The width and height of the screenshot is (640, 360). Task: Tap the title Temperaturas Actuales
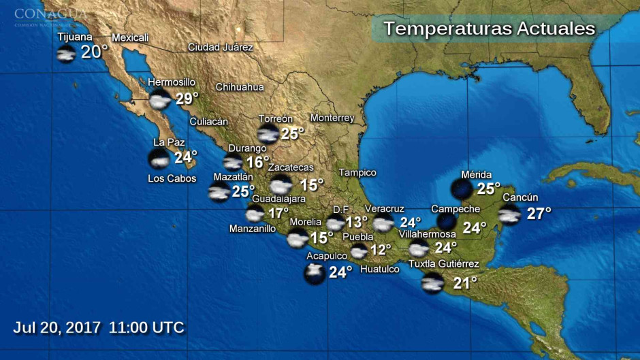coord(489,29)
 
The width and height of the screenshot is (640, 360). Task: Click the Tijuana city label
coord(75,37)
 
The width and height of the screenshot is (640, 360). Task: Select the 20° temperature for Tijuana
coord(95,52)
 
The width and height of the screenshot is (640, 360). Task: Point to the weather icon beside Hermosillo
coord(161,100)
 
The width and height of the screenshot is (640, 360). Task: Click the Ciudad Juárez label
coord(220,47)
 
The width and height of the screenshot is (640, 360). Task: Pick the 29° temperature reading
coord(187,99)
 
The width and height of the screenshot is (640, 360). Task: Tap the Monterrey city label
coord(332,118)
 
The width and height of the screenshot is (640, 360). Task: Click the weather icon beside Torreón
coord(268,133)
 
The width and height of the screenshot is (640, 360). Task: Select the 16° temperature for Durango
coord(257,162)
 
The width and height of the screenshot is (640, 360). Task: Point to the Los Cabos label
coord(172,178)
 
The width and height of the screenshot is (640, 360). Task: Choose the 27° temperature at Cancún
coord(539,214)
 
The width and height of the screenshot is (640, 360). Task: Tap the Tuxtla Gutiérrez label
coord(443,264)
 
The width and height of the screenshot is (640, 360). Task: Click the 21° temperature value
coord(465,282)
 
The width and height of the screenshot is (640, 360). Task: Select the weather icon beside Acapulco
coord(315,274)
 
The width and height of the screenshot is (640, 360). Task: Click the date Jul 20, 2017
coord(56,327)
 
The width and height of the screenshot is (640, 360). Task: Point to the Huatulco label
coord(379,269)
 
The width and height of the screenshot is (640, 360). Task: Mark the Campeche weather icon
coord(447,220)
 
